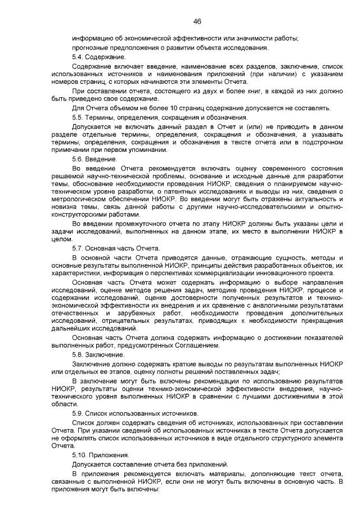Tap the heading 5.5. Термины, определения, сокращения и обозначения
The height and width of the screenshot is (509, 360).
(x=160, y=117)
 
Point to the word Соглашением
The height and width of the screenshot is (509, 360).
(x=192, y=345)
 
